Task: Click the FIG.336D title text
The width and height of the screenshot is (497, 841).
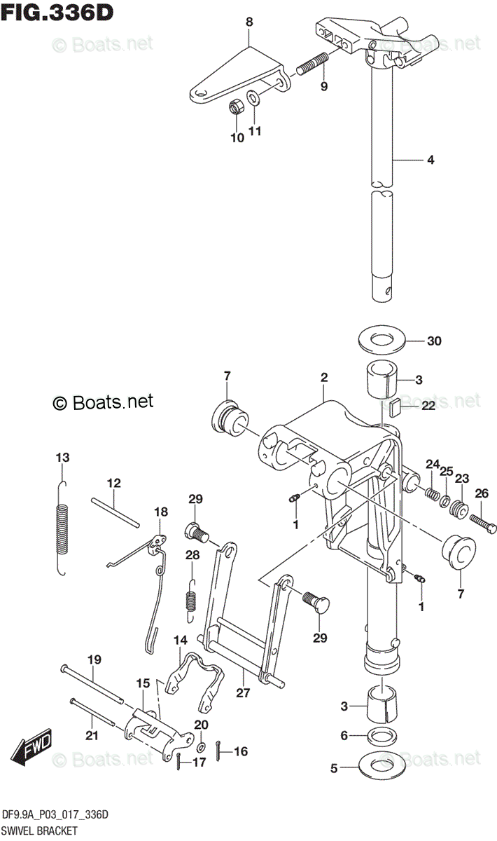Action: click(x=58, y=12)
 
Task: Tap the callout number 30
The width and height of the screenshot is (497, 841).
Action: click(x=434, y=342)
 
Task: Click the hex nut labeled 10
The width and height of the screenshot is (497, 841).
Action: click(x=237, y=107)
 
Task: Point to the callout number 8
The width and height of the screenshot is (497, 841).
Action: click(x=248, y=22)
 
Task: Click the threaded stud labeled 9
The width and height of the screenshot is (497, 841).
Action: click(x=313, y=64)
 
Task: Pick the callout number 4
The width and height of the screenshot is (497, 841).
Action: click(x=430, y=160)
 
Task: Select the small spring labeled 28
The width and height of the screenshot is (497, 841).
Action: click(x=190, y=600)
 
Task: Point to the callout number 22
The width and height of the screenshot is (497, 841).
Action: click(x=428, y=404)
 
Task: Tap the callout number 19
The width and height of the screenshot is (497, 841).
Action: click(x=94, y=659)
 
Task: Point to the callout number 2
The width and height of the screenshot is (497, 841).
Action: click(x=324, y=378)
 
